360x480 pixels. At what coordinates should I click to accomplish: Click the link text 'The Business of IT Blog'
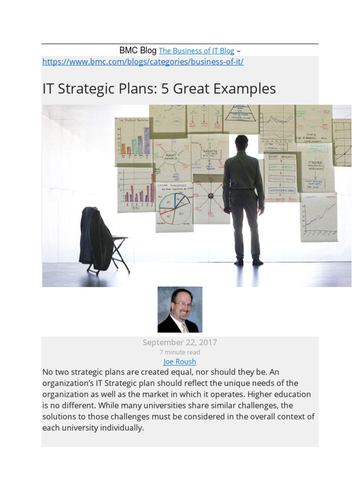pos(196,51)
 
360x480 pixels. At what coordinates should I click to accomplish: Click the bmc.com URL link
pos(143,62)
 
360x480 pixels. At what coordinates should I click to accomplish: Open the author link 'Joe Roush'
pos(180,362)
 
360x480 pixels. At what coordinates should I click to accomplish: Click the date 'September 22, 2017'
pos(180,343)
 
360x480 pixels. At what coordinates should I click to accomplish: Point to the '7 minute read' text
pos(180,352)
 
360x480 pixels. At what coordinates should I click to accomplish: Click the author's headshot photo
pos(180,309)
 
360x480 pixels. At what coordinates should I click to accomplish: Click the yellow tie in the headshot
pos(184,327)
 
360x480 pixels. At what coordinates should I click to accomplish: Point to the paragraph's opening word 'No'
pos(47,372)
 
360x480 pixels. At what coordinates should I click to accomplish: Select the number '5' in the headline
pos(165,89)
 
